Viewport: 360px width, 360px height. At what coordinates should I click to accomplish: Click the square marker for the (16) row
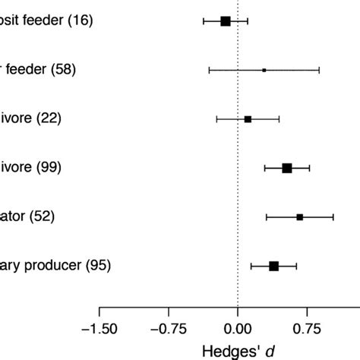[x=225, y=21]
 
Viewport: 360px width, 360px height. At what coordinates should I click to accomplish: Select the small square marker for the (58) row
[x=264, y=70]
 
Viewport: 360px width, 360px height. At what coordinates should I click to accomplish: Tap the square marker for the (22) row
[x=248, y=119]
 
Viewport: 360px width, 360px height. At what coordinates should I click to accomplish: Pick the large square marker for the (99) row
[x=286, y=168]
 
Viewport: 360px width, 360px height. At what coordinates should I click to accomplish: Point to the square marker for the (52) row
[x=299, y=217]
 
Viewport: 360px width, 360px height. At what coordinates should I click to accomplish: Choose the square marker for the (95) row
[x=273, y=266]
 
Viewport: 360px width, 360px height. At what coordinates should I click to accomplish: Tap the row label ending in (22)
[x=30, y=119]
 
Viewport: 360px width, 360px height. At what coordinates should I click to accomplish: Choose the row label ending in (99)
[x=30, y=168]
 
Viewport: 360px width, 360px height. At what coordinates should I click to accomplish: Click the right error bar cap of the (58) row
[x=319, y=70]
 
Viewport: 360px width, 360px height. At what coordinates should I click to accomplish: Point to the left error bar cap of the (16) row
[x=204, y=21]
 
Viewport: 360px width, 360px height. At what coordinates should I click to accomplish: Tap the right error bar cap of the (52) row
[x=333, y=217]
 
